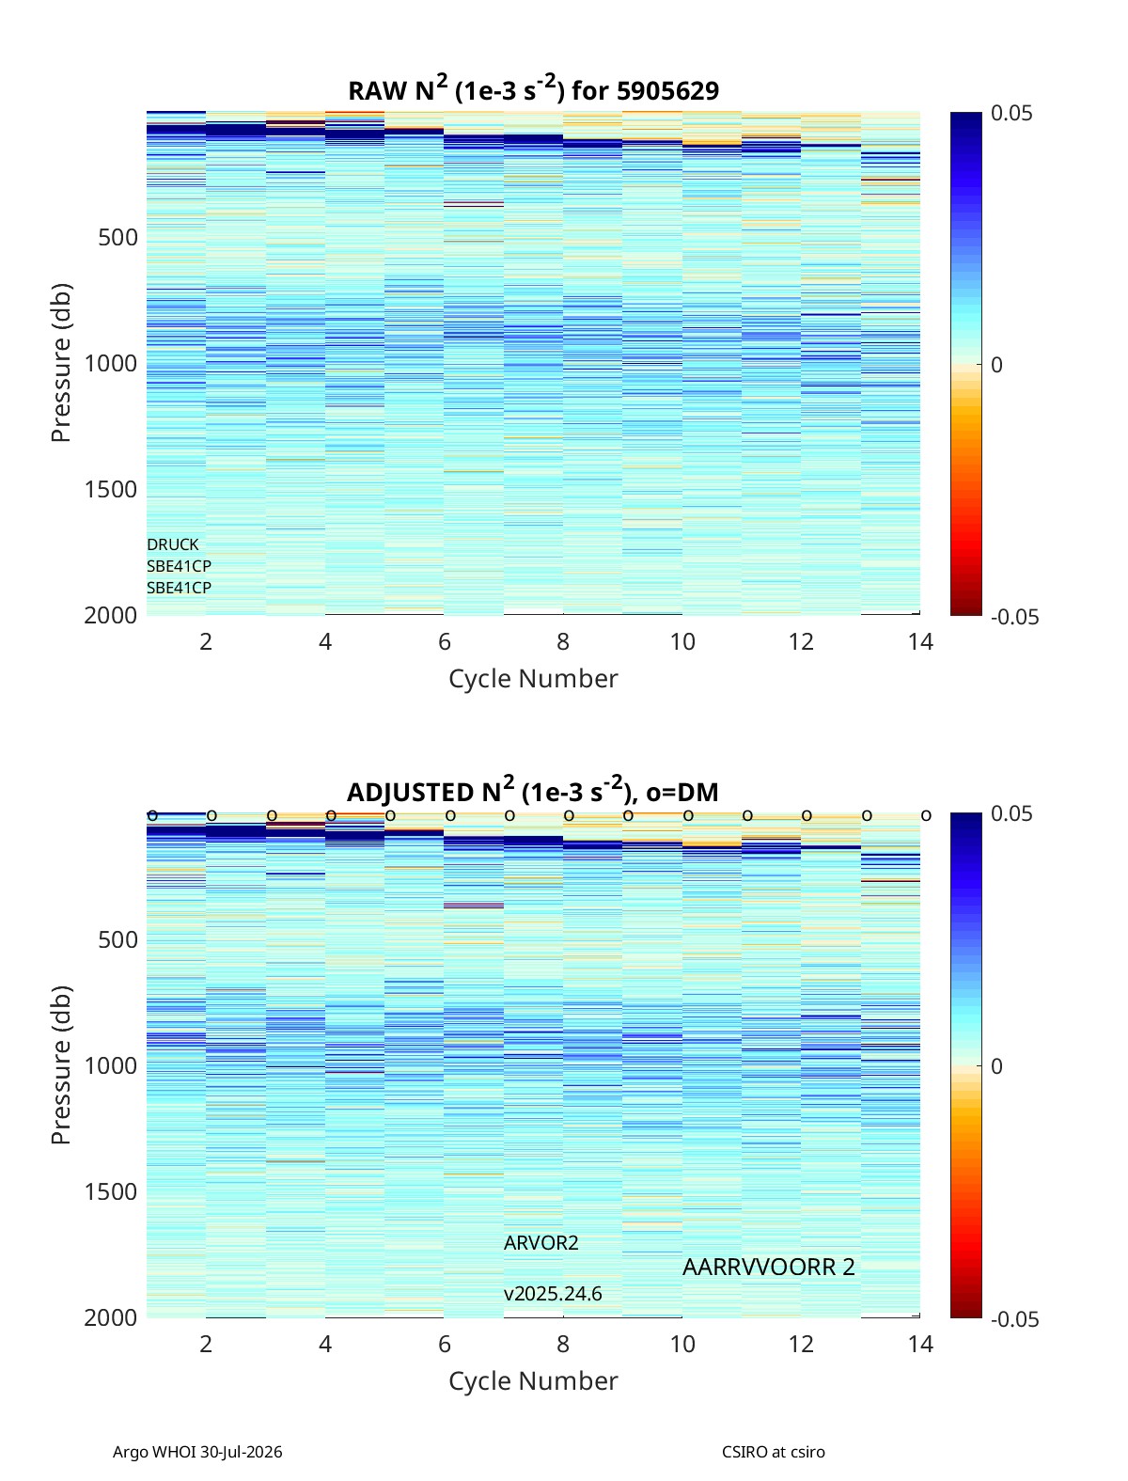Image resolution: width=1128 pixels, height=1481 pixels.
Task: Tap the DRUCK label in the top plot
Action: pyautogui.click(x=173, y=544)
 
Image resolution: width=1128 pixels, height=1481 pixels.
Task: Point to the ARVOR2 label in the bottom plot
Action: pyautogui.click(x=540, y=1243)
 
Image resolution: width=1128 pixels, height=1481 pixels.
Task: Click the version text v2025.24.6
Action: pyautogui.click(x=552, y=1294)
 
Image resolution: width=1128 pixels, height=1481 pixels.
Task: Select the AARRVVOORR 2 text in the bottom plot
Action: pyautogui.click(x=768, y=1268)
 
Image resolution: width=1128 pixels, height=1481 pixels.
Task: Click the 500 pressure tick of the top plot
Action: pyautogui.click(x=118, y=238)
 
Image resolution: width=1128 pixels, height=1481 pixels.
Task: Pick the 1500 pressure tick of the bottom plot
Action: pyautogui.click(x=111, y=1191)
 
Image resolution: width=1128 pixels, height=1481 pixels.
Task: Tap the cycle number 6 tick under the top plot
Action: pyautogui.click(x=445, y=641)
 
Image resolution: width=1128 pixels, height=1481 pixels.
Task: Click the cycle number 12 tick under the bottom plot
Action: pyautogui.click(x=801, y=1344)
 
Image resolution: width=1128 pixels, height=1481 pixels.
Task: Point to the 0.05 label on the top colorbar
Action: pyautogui.click(x=1011, y=114)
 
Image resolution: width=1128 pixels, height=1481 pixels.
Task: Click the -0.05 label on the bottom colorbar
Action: pyautogui.click(x=1014, y=1319)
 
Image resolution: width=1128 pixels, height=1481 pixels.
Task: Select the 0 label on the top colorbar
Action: pyautogui.click(x=996, y=365)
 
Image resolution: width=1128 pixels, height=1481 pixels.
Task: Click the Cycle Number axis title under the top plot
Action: pyautogui.click(x=533, y=679)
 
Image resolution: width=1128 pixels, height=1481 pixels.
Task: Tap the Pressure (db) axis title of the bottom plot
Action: pyautogui.click(x=61, y=1065)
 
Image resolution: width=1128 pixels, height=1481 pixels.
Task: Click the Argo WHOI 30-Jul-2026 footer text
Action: pyautogui.click(x=197, y=1452)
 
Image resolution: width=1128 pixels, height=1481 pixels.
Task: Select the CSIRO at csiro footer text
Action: pyautogui.click(x=774, y=1452)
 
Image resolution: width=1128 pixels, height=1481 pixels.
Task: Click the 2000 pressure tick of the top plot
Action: pyautogui.click(x=111, y=615)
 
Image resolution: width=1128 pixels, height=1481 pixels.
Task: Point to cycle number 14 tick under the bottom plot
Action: pyautogui.click(x=920, y=1344)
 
